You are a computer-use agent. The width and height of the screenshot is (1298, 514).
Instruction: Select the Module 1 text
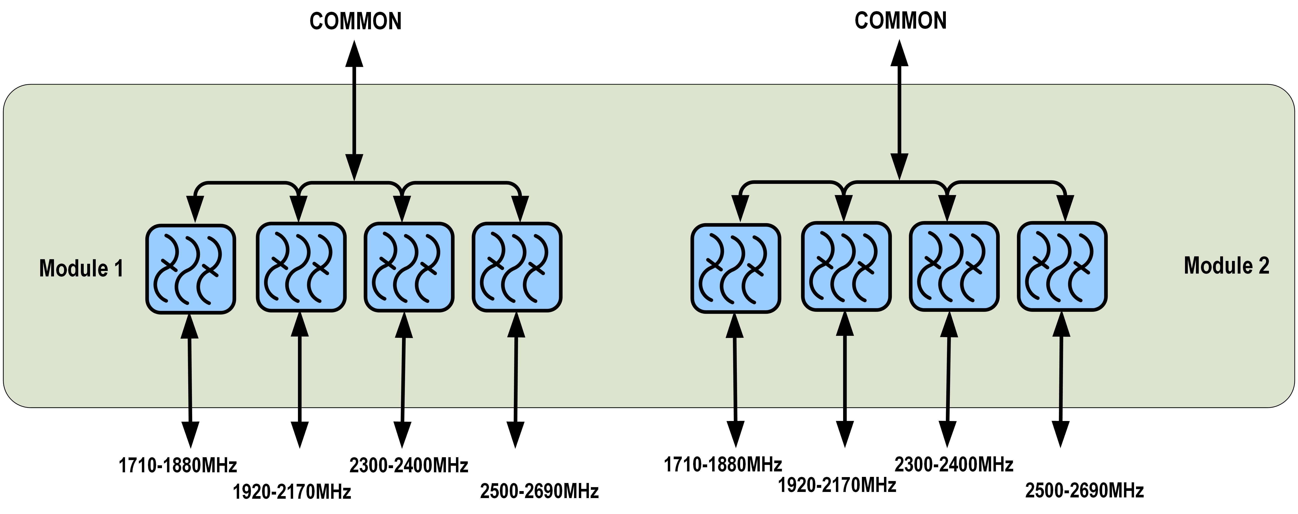[x=81, y=268]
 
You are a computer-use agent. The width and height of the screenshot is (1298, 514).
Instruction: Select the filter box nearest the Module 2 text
[x=1062, y=266]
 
